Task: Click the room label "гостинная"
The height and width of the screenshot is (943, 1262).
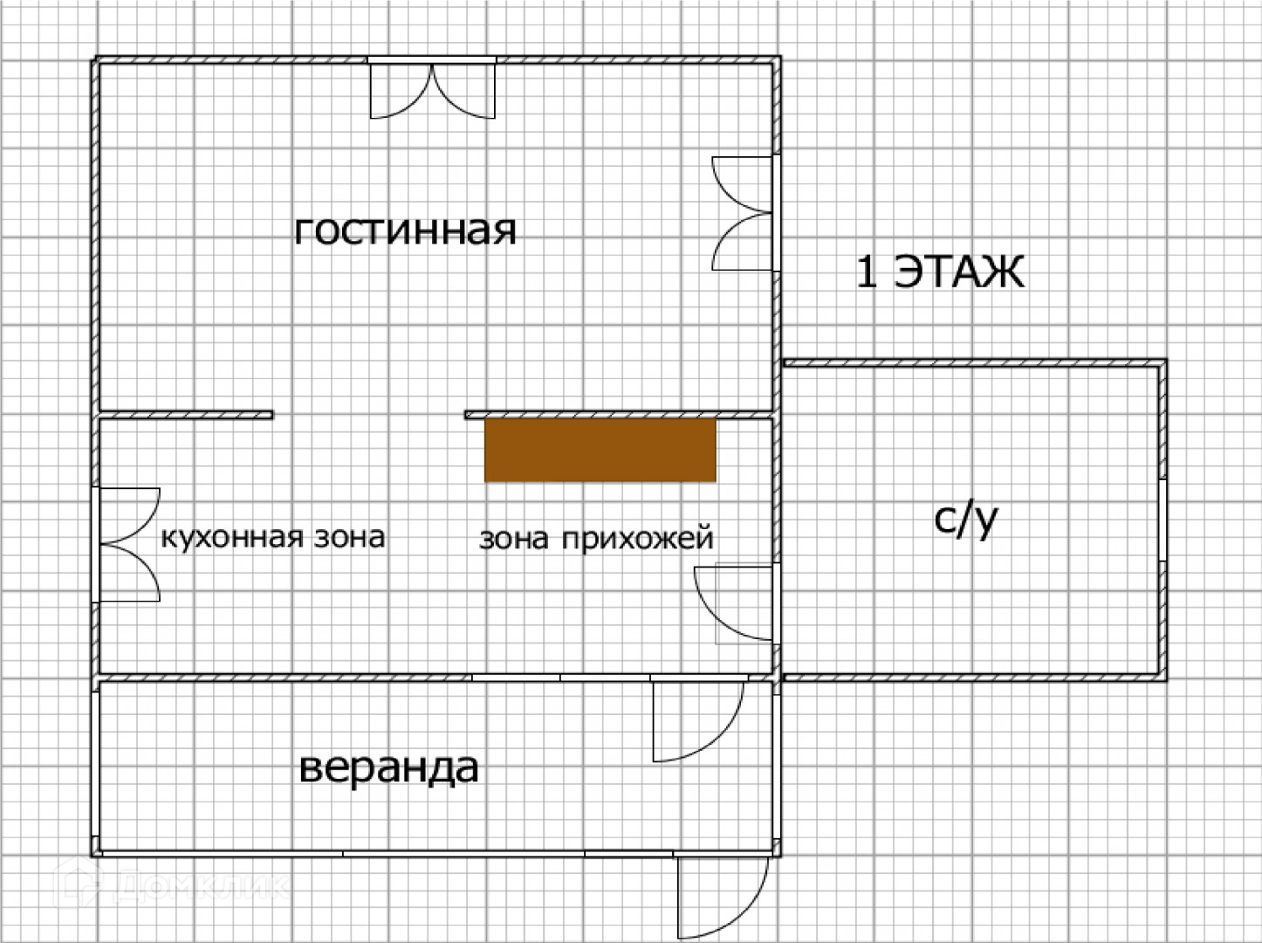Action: [x=405, y=231]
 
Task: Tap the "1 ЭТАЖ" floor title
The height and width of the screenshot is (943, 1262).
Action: [x=939, y=272]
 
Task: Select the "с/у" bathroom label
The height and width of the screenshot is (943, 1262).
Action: [x=965, y=520]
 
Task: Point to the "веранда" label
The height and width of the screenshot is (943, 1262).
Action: [x=388, y=768]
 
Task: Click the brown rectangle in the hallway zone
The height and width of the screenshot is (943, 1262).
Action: [x=600, y=450]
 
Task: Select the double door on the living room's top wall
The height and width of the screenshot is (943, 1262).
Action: [x=433, y=89]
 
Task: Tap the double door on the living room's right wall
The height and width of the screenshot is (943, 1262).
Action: [x=743, y=214]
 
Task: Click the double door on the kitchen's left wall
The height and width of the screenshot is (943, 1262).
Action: [x=129, y=545]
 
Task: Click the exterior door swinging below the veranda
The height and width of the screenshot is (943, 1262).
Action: [x=723, y=895]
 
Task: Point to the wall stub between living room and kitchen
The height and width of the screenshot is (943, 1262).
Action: [x=186, y=415]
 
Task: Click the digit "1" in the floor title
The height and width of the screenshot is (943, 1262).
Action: [x=866, y=272]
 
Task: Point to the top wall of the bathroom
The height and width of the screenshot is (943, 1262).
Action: [x=973, y=362]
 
